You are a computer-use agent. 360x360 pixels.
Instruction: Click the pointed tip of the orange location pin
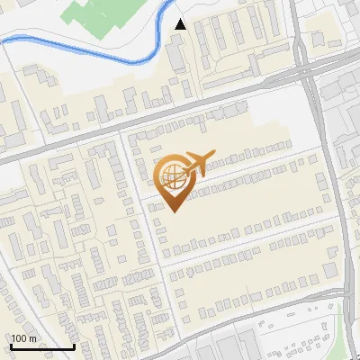coord(175,211)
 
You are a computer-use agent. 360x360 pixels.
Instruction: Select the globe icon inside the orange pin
coord(174,177)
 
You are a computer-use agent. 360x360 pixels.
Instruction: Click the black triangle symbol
coord(181,24)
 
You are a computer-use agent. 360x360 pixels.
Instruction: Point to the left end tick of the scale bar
coord(11,346)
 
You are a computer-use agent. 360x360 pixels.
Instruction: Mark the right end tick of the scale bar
coord(74,346)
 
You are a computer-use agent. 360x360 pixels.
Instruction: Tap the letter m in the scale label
coord(33,339)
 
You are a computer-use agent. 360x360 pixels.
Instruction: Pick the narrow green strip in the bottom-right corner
coord(346,328)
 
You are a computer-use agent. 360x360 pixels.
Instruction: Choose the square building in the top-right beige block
coord(318,40)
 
